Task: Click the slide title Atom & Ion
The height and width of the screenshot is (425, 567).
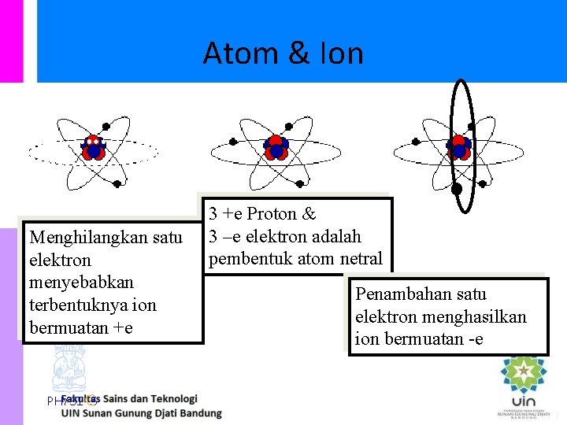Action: click(x=283, y=54)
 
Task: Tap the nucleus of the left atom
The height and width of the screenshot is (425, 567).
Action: click(x=94, y=147)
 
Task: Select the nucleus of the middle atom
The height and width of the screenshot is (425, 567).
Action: click(x=276, y=147)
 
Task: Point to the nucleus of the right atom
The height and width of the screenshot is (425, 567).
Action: click(x=458, y=147)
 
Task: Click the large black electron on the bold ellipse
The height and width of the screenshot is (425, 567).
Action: click(x=457, y=189)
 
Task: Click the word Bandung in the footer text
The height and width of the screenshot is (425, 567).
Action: click(x=200, y=412)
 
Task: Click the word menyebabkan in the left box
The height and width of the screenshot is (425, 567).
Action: click(x=81, y=282)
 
